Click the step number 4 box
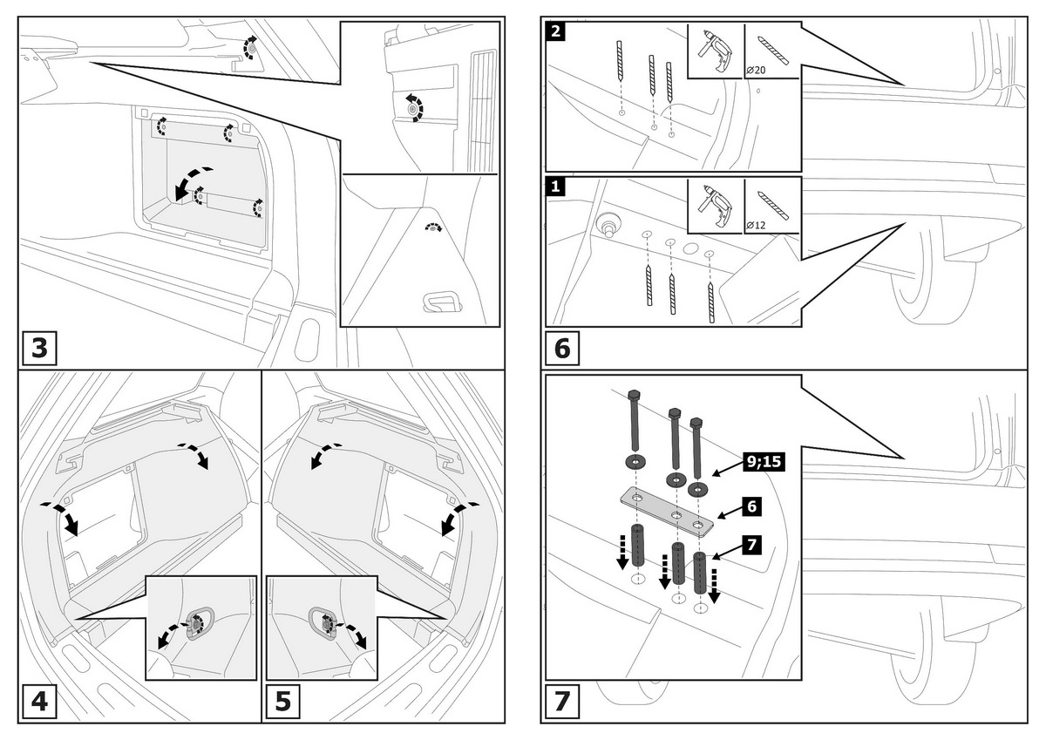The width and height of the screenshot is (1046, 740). [39, 702]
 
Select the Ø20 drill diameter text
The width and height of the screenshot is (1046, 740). [756, 69]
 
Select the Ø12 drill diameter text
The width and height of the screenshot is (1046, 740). [756, 225]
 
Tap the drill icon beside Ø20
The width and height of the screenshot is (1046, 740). [715, 51]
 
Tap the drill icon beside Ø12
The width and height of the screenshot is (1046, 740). [715, 206]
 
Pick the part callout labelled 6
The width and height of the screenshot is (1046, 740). [752, 505]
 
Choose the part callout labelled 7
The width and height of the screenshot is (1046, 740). [752, 545]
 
